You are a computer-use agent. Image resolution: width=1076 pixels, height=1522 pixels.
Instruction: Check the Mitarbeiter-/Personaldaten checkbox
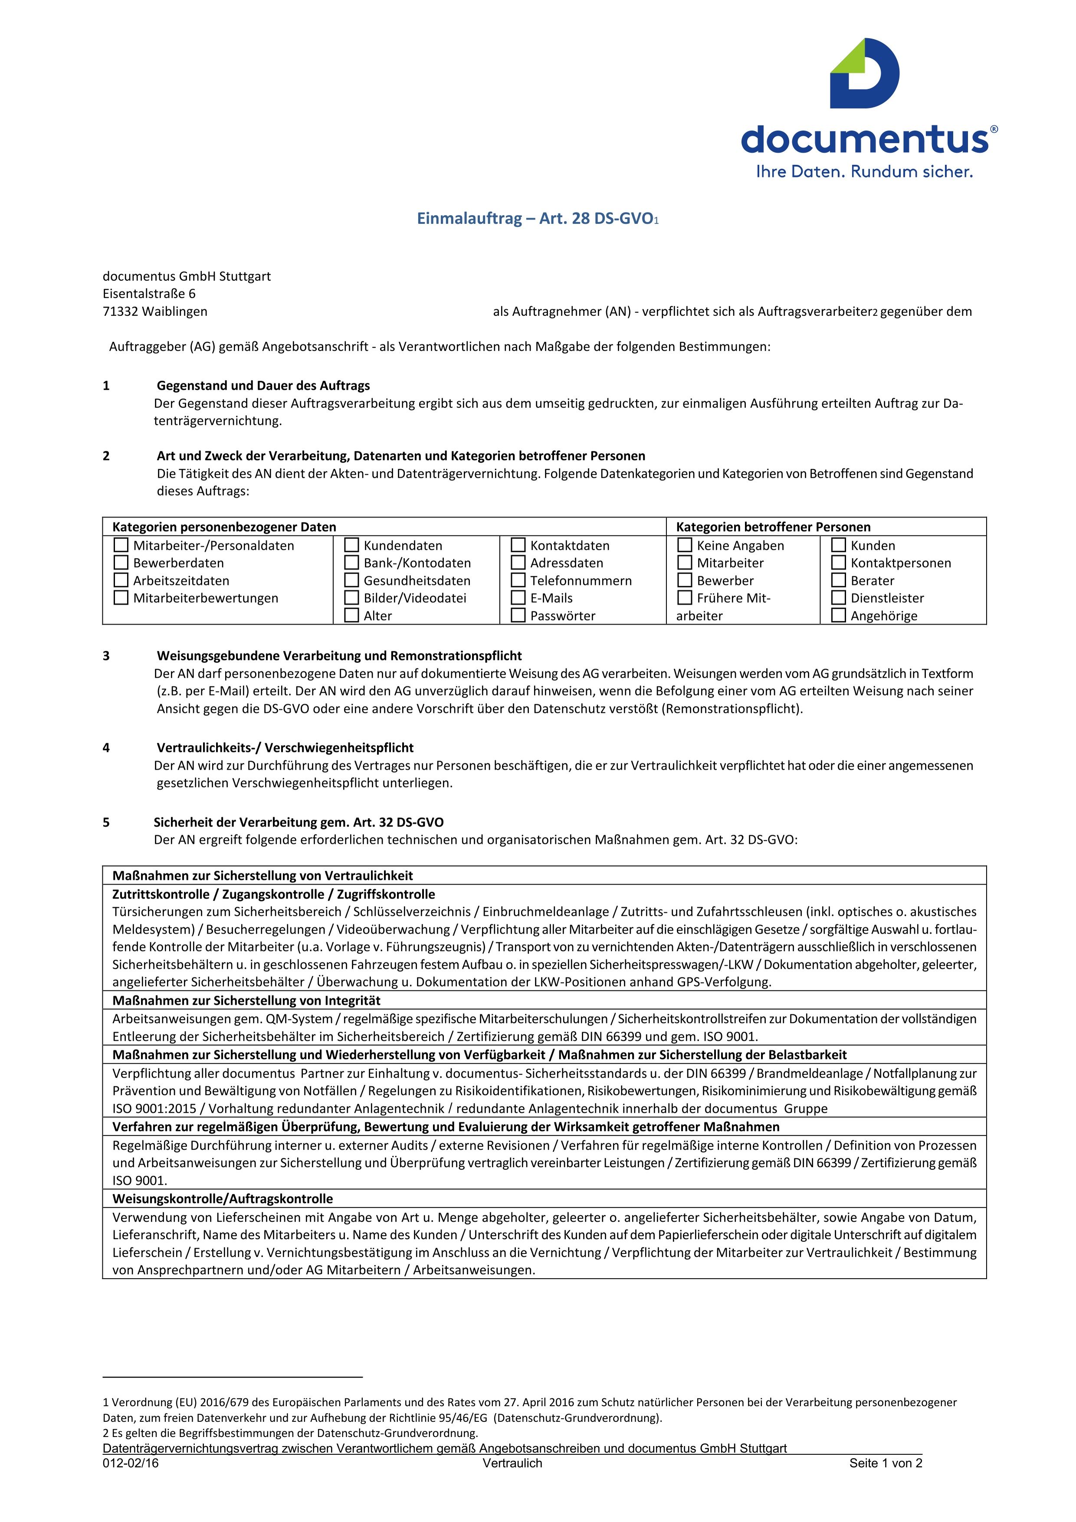click(121, 545)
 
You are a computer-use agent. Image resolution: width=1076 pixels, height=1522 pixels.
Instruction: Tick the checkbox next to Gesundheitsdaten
click(351, 580)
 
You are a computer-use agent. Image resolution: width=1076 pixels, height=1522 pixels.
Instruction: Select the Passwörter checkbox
click(518, 615)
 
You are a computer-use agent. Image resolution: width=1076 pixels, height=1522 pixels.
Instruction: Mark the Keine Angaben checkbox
click(684, 545)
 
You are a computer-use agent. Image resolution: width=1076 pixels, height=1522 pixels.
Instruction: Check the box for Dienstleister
click(838, 597)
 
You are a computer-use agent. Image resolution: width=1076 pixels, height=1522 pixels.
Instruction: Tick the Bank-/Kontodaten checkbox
click(351, 563)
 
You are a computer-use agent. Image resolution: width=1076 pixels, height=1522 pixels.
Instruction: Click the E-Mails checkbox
click(518, 597)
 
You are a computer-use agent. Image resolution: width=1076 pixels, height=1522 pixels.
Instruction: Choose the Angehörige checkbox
click(838, 615)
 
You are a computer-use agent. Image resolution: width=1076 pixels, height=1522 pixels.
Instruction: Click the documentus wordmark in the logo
click(865, 139)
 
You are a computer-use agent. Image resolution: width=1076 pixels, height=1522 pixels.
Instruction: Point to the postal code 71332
click(120, 312)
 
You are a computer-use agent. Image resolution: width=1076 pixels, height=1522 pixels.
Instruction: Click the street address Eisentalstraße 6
click(149, 294)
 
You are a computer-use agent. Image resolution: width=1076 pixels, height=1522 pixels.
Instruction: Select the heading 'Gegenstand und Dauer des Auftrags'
click(263, 386)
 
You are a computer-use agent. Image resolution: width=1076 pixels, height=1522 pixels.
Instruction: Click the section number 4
click(106, 748)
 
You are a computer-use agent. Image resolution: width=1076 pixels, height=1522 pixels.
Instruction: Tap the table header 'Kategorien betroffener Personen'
click(773, 527)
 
